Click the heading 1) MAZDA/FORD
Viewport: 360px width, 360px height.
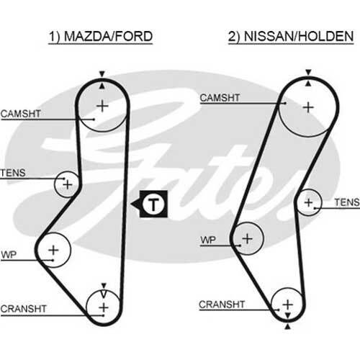point(101,37)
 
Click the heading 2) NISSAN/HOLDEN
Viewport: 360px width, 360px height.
point(291,37)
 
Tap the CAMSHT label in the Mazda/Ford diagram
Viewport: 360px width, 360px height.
point(21,114)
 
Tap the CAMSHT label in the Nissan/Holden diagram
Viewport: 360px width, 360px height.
point(220,98)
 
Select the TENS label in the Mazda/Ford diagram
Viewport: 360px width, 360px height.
point(13,173)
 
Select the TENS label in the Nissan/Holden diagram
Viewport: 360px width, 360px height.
point(347,202)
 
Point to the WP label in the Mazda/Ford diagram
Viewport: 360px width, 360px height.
point(9,255)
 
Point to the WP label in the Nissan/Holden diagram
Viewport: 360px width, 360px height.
point(208,240)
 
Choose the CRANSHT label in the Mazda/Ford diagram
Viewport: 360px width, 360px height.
point(23,309)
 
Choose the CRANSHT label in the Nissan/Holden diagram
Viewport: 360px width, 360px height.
point(222,305)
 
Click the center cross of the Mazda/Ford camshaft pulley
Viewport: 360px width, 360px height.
point(102,106)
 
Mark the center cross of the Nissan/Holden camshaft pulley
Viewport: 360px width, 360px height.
point(308,107)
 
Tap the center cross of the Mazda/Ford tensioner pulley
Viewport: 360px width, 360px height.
point(68,184)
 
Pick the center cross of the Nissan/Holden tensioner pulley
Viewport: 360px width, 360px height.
point(308,202)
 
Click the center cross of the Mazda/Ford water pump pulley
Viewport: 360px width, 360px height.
point(53,250)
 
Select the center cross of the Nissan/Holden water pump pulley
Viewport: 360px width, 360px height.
point(247,238)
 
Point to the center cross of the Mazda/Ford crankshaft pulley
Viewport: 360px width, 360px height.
point(104,307)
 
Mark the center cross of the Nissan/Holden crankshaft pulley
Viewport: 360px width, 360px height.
point(288,305)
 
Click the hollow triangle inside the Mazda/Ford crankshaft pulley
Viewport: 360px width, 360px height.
point(104,294)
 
